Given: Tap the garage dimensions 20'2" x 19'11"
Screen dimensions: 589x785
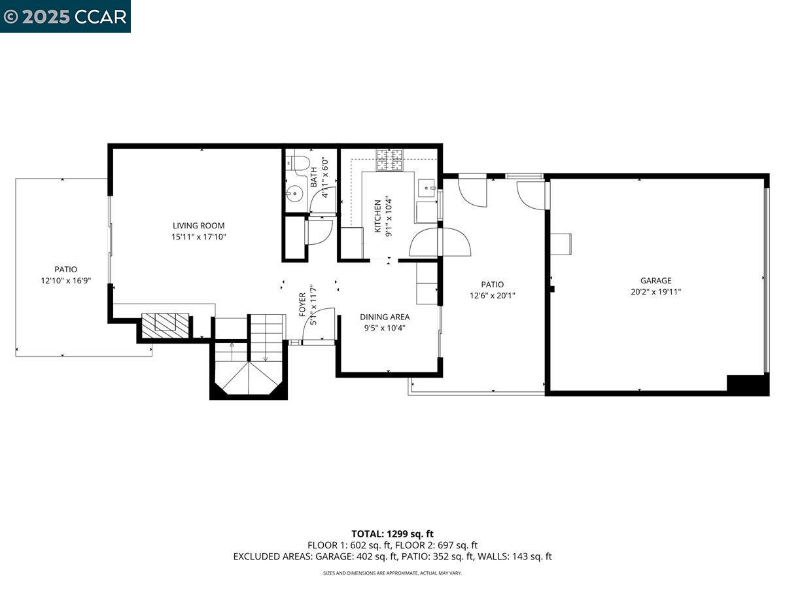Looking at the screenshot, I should point(655,292).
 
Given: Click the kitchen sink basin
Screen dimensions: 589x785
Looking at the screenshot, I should point(428,188).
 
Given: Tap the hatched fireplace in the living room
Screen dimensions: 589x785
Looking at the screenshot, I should point(166,325).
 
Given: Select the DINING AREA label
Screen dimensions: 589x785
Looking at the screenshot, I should point(385,317).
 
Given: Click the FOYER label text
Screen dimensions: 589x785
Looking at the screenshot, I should point(303,305).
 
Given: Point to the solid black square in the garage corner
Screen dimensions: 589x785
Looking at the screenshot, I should point(746,384).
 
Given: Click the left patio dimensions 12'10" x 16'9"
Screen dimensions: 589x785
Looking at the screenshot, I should point(65,280).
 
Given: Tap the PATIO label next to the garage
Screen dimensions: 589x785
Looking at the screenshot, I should point(493,284).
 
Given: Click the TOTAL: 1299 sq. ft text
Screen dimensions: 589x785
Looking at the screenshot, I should point(392,534).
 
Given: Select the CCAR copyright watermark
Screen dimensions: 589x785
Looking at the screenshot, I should point(65,16).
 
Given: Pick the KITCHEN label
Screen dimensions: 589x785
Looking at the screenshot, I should point(377,217).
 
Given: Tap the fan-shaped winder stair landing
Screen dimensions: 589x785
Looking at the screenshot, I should point(249,380).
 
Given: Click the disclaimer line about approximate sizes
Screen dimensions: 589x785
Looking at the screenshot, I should point(392,573).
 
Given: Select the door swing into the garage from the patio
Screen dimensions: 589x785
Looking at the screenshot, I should point(531,195).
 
